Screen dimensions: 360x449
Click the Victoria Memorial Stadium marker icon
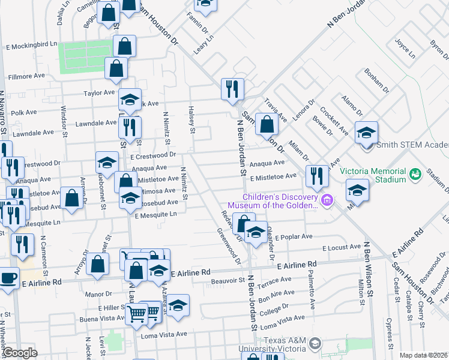415,173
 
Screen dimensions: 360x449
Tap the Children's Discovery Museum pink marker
327,200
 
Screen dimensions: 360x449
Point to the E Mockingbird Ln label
31,45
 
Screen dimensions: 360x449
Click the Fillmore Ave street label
27,77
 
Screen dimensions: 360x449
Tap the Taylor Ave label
99,93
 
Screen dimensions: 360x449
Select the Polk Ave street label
24,112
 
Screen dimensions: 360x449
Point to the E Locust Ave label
342,247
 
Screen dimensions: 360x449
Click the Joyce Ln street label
405,48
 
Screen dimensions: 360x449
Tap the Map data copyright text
424,355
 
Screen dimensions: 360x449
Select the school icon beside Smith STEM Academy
366,133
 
